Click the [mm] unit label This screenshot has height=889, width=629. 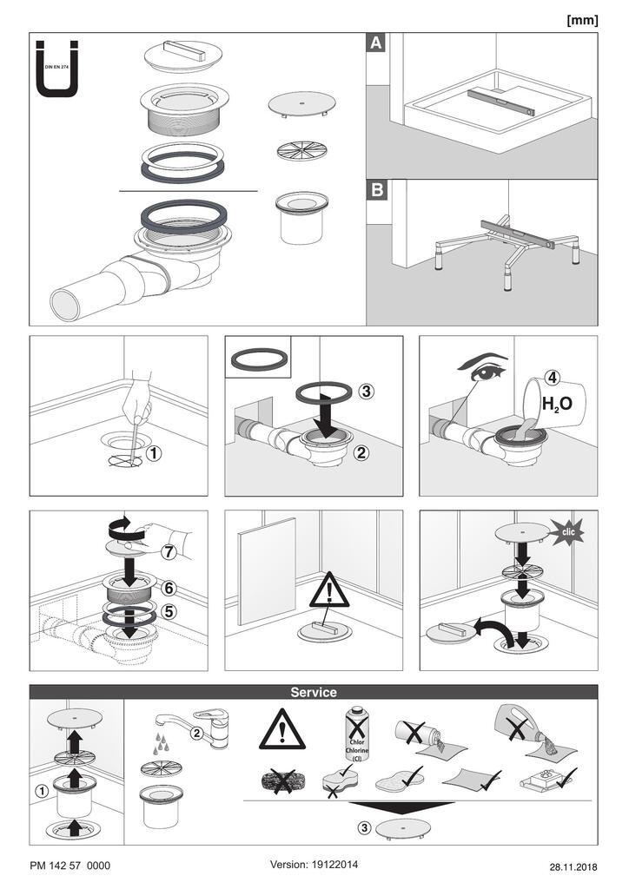[x=582, y=21]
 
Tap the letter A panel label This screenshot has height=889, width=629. [x=376, y=43]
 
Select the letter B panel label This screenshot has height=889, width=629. [x=377, y=189]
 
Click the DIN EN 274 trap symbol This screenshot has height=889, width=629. [x=56, y=69]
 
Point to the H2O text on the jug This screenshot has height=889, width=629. [x=557, y=405]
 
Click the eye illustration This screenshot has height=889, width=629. [x=482, y=368]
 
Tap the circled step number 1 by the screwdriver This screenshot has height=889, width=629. [x=154, y=453]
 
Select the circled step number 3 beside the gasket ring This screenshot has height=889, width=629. [x=366, y=392]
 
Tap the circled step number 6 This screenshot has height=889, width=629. [x=169, y=589]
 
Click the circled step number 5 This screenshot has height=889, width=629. [x=169, y=611]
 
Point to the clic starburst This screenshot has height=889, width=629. [x=567, y=532]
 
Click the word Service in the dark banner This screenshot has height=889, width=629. [x=314, y=692]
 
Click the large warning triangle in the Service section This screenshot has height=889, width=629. [x=281, y=729]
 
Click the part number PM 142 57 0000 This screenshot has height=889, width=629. [x=70, y=866]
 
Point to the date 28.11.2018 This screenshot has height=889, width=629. [x=573, y=867]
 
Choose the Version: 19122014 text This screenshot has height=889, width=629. [x=314, y=865]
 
